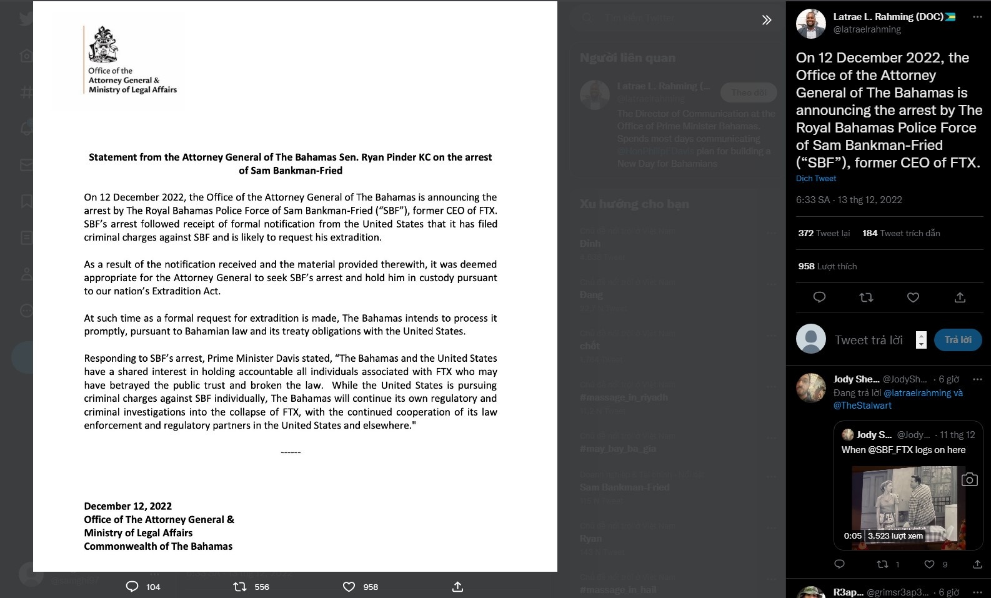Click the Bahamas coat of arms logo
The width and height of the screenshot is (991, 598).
coord(103,45)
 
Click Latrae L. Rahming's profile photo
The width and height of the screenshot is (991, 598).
coord(810,24)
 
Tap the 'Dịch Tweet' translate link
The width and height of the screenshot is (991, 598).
coord(815,179)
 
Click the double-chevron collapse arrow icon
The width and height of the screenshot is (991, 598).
coord(767,20)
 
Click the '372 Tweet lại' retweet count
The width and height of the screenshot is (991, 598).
coord(824,233)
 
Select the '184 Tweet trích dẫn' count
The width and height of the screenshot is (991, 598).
coord(901,233)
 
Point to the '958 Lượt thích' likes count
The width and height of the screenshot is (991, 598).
coord(827,266)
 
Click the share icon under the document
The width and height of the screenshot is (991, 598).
coord(457,587)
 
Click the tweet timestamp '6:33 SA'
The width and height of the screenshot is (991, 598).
coord(813,200)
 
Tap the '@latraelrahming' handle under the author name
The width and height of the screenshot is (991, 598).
coord(867,29)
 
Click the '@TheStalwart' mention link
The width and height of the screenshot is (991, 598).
coord(862,406)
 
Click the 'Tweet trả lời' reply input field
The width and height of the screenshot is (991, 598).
coord(869,340)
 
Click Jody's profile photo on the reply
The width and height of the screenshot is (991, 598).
coord(810,388)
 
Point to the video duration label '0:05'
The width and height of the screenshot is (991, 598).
coord(852,536)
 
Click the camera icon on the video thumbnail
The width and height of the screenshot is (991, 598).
coord(969,479)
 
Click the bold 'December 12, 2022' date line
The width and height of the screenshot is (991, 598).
coord(128,506)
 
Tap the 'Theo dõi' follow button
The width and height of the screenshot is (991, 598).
coord(749,92)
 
